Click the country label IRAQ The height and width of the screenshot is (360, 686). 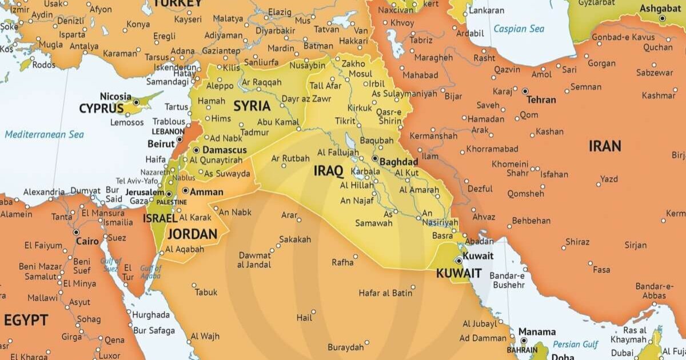point(328,170)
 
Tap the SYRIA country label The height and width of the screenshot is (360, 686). point(252,106)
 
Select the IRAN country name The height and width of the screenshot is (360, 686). point(605,146)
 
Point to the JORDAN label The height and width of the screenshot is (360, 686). point(192,234)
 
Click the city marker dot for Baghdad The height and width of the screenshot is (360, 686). point(375,158)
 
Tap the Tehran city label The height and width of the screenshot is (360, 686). point(541,99)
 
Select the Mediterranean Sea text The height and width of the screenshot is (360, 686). point(44,134)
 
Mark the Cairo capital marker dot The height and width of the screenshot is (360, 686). point(76,232)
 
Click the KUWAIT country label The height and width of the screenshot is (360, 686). point(458,273)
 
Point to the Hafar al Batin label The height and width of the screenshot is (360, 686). point(385,293)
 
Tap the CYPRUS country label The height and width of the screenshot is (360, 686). point(101,108)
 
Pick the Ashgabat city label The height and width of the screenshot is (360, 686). point(660,9)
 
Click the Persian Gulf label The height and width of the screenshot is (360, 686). point(576,344)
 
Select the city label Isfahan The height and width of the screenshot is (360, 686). point(554,174)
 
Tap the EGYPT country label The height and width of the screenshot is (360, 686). point(26,320)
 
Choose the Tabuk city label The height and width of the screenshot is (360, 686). point(206,292)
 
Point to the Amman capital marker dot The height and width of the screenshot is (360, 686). point(185,191)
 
